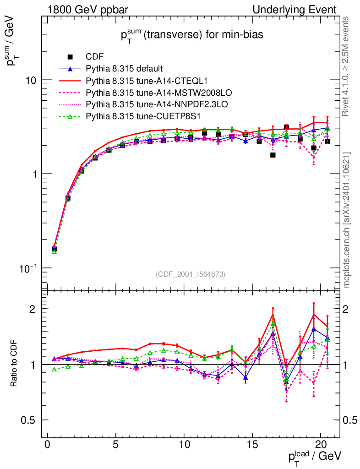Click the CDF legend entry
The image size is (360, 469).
[x=95, y=57]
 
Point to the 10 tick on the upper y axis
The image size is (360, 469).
[x=32, y=80]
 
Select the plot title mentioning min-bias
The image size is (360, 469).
[x=192, y=36]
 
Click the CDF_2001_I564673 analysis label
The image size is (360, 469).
[x=191, y=274]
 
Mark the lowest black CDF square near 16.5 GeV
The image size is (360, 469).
[x=273, y=155]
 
